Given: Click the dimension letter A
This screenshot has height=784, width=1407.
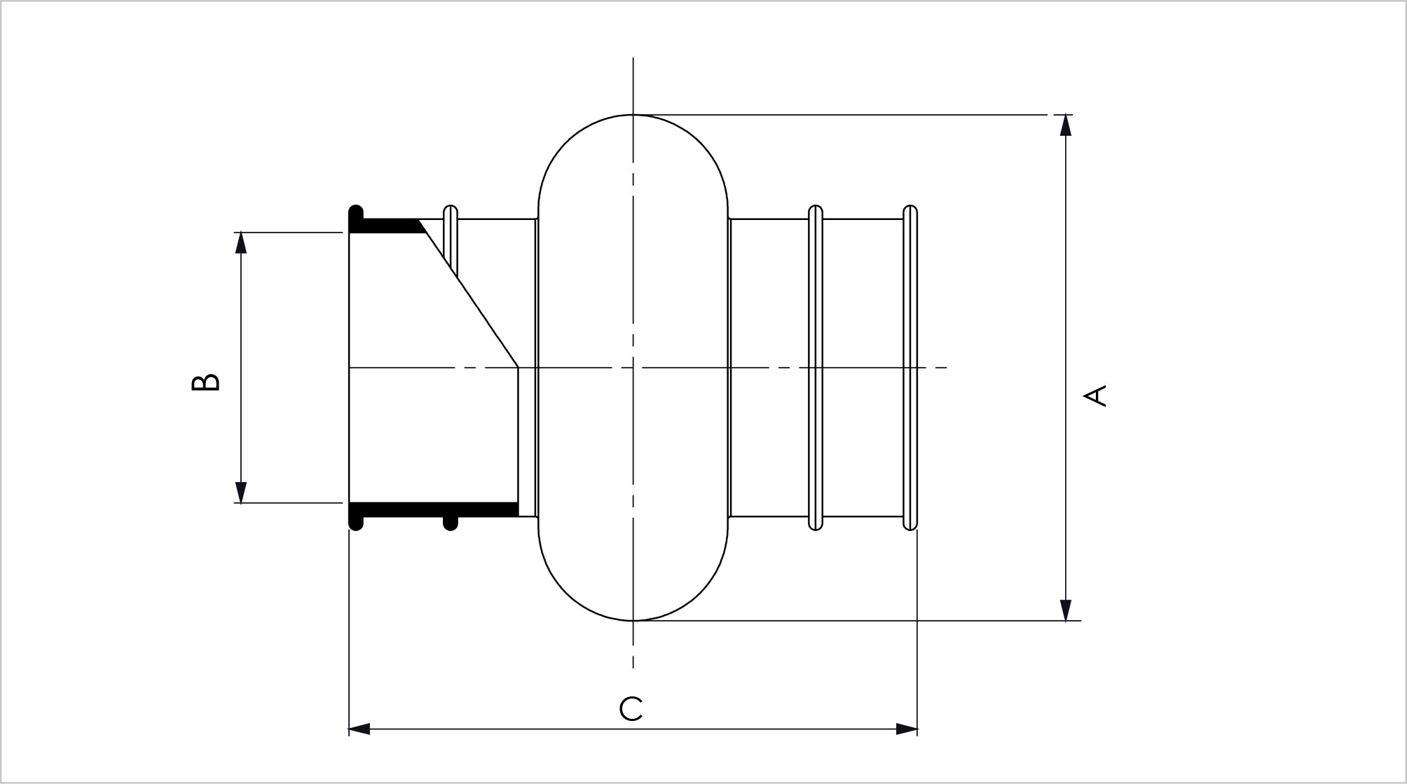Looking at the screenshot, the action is click(x=1095, y=395).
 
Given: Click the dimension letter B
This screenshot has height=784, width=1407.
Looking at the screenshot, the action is click(x=205, y=382).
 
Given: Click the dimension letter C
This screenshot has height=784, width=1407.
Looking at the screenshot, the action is click(x=631, y=709).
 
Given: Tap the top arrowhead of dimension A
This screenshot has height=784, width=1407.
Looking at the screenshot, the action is click(x=1066, y=125).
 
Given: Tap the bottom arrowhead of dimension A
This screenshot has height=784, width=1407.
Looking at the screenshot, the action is click(x=1066, y=610).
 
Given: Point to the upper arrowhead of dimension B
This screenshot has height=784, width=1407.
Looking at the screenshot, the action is click(x=241, y=242).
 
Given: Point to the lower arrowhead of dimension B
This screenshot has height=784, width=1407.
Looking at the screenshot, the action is click(x=241, y=493).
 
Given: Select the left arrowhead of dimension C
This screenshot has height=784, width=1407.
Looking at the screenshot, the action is click(x=359, y=729).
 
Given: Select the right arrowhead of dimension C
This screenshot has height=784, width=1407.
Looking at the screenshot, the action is click(x=907, y=729).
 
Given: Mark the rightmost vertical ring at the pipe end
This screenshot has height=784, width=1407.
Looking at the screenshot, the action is click(x=910, y=368).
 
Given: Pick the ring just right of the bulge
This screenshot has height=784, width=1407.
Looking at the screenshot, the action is click(x=816, y=368).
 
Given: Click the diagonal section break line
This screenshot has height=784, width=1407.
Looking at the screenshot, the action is click(x=469, y=293).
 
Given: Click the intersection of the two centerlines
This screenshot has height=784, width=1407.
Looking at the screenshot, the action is click(x=633, y=367).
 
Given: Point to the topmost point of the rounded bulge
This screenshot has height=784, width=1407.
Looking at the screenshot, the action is click(x=633, y=114).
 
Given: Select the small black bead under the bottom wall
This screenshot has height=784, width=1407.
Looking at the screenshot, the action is click(x=451, y=523).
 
